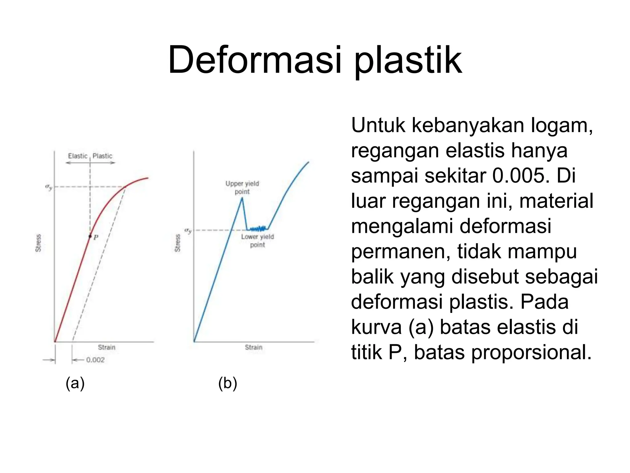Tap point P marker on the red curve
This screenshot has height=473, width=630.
pos(90,236)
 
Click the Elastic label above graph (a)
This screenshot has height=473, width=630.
pos(78,156)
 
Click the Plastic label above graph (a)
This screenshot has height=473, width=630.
pos(102,156)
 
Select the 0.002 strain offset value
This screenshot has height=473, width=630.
pos(95,360)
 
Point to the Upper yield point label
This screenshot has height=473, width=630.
pos(242,188)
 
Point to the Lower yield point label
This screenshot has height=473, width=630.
pos(257,241)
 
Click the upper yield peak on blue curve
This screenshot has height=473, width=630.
pos(242,198)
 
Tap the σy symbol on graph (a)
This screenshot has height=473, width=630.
pos(49,187)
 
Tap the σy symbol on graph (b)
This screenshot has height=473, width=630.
pos(188,230)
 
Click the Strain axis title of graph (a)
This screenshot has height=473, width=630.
pos(106,347)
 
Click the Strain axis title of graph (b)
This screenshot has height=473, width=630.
pos(253,347)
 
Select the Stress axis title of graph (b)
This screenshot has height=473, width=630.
pos(177,243)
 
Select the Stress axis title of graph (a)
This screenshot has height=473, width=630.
pos(38,243)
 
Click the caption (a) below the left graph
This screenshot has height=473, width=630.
pos(75,383)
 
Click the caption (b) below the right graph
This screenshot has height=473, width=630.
pos(228,383)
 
